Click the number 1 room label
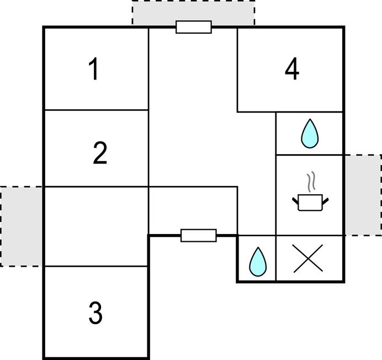click(x=94, y=70)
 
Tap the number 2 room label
click(x=99, y=153)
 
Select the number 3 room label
click(x=95, y=313)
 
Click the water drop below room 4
click(x=310, y=134)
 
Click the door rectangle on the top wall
click(x=194, y=27)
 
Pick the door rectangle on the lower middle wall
click(x=199, y=236)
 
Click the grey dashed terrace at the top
click(x=193, y=12)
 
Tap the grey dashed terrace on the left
click(x=22, y=226)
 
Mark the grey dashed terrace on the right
click(x=363, y=195)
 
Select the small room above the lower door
click(x=193, y=210)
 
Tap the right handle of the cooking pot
click(x=326, y=200)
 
